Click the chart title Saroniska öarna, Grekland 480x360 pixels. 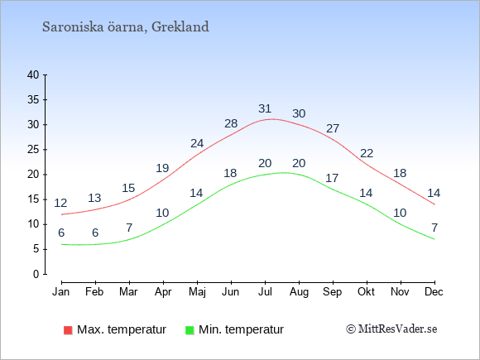126,27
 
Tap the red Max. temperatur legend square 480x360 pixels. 68,330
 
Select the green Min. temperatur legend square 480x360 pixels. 190,330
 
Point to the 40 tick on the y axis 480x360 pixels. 33,74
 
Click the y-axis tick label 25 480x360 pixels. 33,150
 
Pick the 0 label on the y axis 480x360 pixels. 36,274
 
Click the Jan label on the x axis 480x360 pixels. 61,292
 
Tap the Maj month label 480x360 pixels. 197,292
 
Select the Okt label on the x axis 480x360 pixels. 366,292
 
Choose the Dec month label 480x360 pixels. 434,292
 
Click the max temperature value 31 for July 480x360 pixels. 265,108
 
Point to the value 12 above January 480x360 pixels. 60,203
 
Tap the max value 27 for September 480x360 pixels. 333,128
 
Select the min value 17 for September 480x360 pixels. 332,178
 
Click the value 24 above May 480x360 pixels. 197,143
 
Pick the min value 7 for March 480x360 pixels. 129,228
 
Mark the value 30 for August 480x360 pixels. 299,114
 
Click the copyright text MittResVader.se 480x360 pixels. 391,329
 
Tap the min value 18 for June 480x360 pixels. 230,173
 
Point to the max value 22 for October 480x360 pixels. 367,153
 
